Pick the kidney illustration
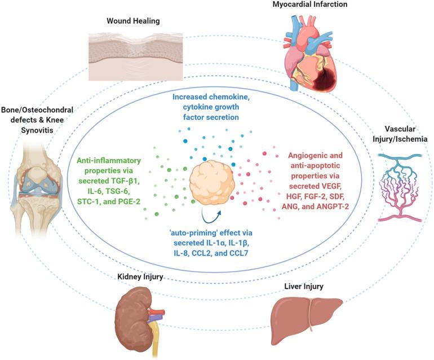tap(136, 316)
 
